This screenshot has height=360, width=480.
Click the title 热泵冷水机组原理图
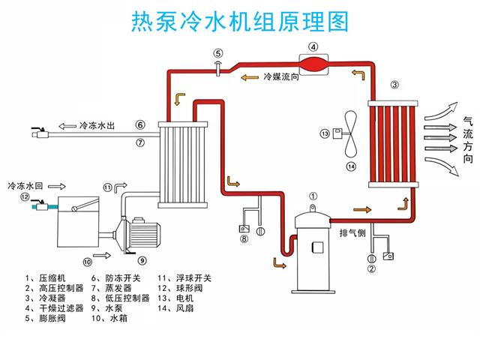239,22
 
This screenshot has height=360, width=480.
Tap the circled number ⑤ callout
217,52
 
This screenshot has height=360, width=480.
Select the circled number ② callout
370,262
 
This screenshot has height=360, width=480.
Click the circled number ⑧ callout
244,240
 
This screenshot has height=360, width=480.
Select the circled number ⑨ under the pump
142,259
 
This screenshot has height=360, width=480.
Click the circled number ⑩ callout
87,262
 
